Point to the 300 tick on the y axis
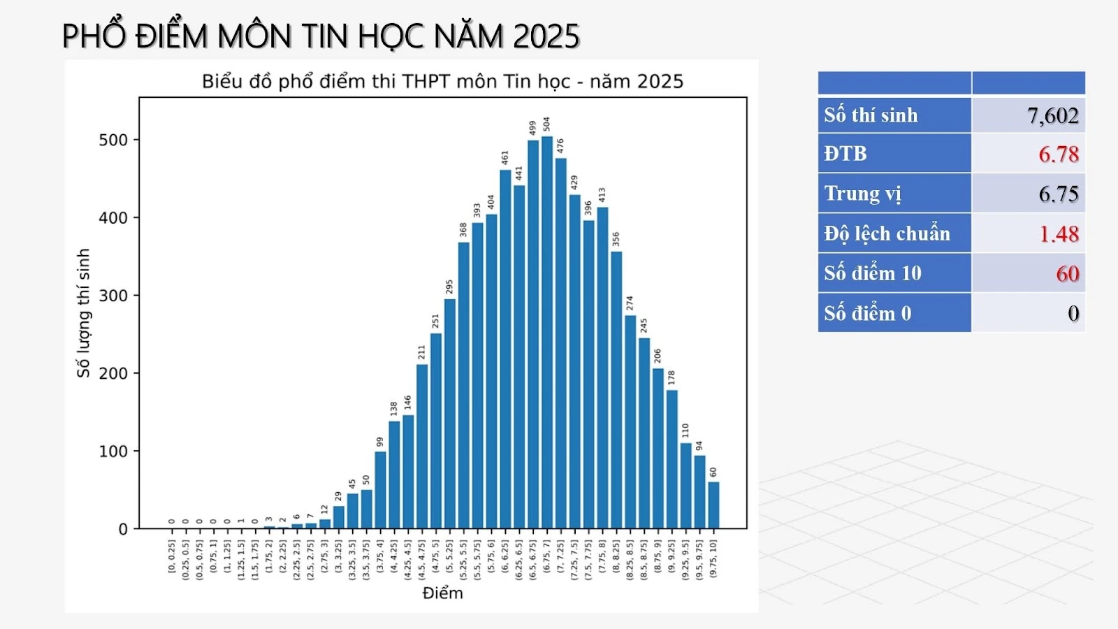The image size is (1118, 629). [x=113, y=296]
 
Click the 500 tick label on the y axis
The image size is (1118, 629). [x=113, y=140]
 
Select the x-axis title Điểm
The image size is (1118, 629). [x=442, y=593]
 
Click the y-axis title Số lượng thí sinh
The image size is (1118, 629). [x=83, y=313]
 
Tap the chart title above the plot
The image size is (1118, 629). [x=442, y=82]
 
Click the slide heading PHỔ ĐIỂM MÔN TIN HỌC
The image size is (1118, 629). [x=321, y=36]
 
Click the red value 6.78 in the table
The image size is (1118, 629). [x=1058, y=154]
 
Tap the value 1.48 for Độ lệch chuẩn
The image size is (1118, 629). [x=1058, y=233]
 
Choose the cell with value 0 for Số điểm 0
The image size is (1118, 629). [x=1073, y=313]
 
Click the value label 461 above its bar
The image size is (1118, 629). [x=504, y=158]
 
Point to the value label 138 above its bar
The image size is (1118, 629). [x=393, y=408]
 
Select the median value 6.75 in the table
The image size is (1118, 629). [x=1058, y=194]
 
